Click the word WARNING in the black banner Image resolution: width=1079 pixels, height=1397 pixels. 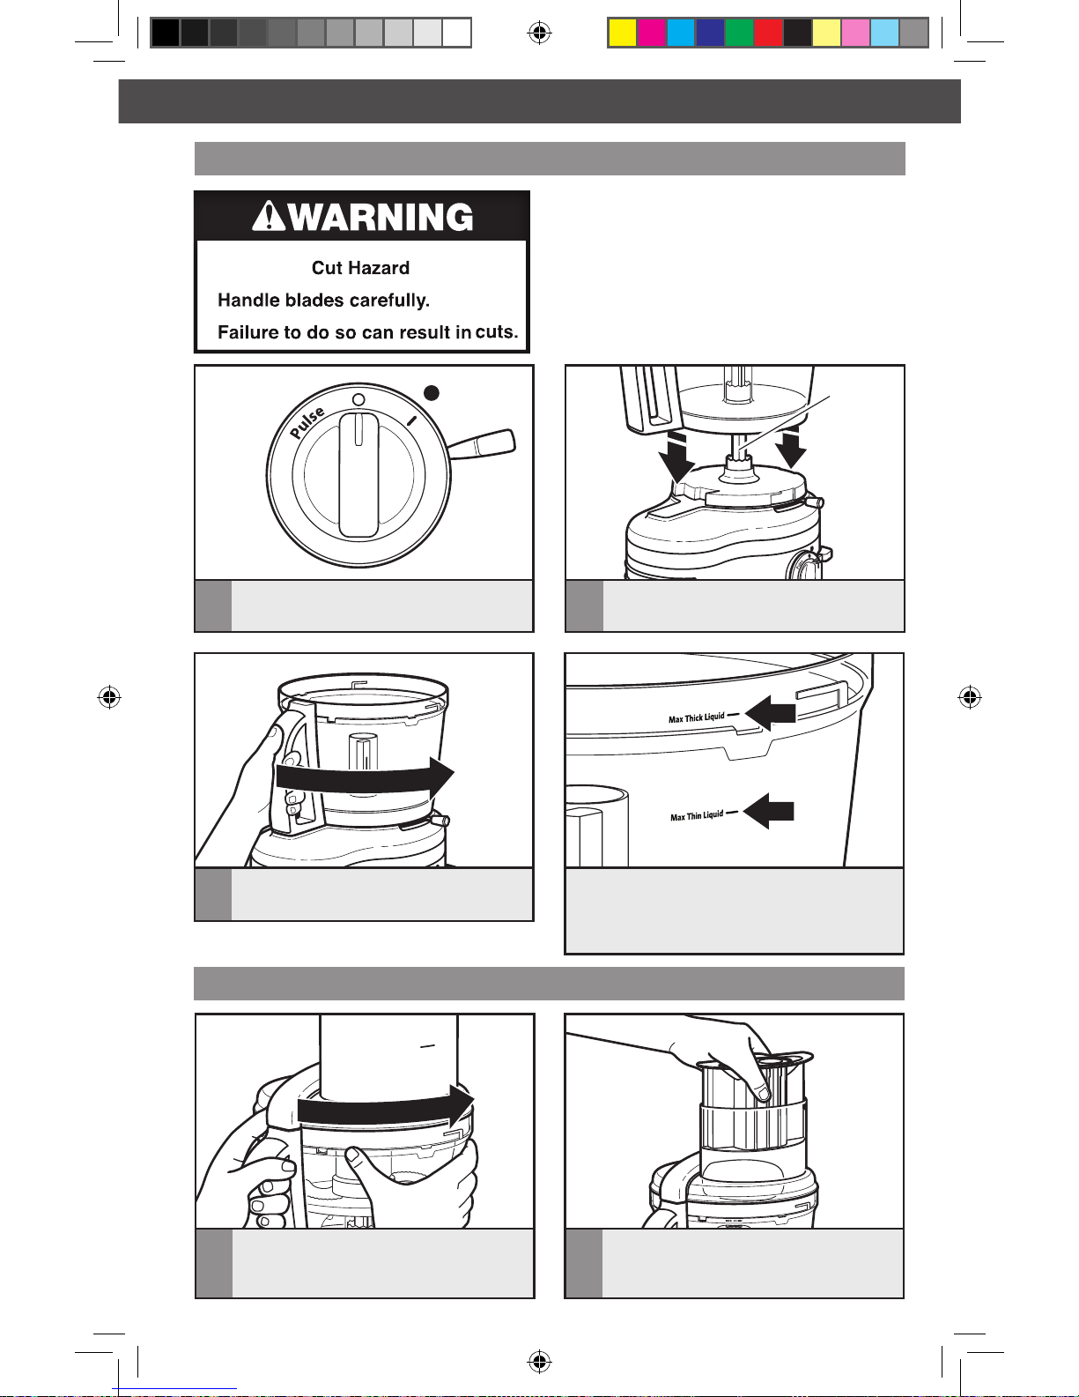point(381,218)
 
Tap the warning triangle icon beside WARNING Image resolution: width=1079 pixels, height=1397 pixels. point(269,216)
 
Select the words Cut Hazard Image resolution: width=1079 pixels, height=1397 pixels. point(360,267)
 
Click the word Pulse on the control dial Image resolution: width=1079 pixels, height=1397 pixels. point(307,422)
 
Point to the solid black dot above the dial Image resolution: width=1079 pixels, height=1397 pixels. point(432,393)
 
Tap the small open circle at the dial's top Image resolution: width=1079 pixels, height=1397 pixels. point(359,400)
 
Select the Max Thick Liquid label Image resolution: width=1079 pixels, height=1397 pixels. point(696,718)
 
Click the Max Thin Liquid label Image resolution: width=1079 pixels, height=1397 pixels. point(697,816)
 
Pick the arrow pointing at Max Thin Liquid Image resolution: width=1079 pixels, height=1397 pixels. point(768,812)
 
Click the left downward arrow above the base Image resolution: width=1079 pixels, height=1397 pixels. point(677,457)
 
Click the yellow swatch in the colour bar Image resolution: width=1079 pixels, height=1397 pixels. point(622,33)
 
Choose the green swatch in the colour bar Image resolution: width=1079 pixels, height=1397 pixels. point(739,33)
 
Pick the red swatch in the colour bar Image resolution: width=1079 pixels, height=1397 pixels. point(768,33)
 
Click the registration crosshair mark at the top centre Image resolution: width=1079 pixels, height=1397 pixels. point(539,32)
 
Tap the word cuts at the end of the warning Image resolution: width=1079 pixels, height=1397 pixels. point(497,331)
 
